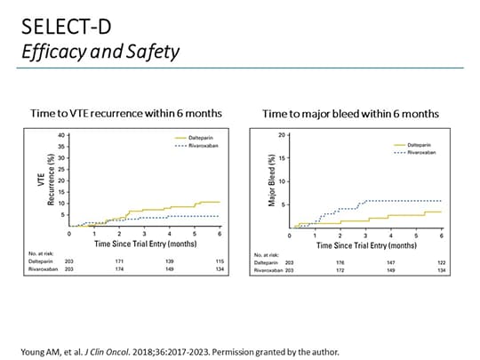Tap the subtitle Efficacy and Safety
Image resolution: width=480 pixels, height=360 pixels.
pyautogui.click(x=100, y=52)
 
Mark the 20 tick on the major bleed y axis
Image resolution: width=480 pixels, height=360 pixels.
pyautogui.click(x=282, y=135)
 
